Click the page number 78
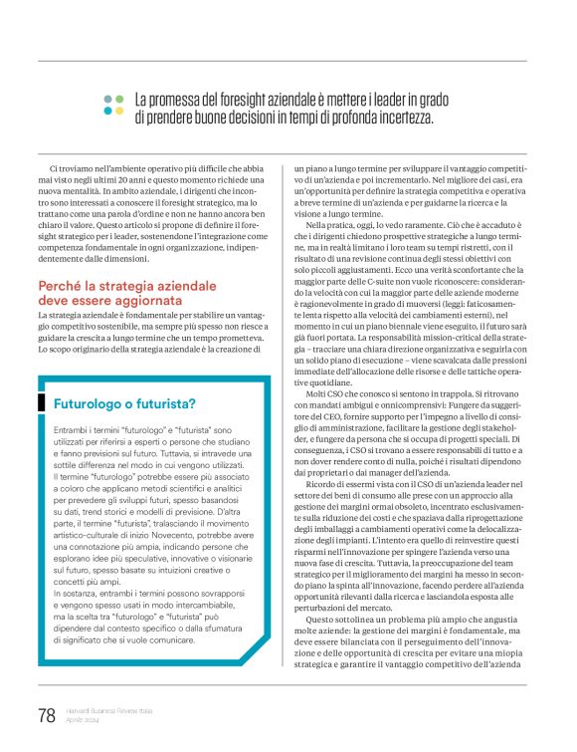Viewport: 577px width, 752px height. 46,714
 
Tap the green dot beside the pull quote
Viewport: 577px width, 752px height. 107,99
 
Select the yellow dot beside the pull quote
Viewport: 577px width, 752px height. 107,111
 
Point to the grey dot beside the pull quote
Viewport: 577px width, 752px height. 119,99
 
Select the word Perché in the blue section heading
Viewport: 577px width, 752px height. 63,286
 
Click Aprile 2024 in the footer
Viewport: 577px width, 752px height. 82,720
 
